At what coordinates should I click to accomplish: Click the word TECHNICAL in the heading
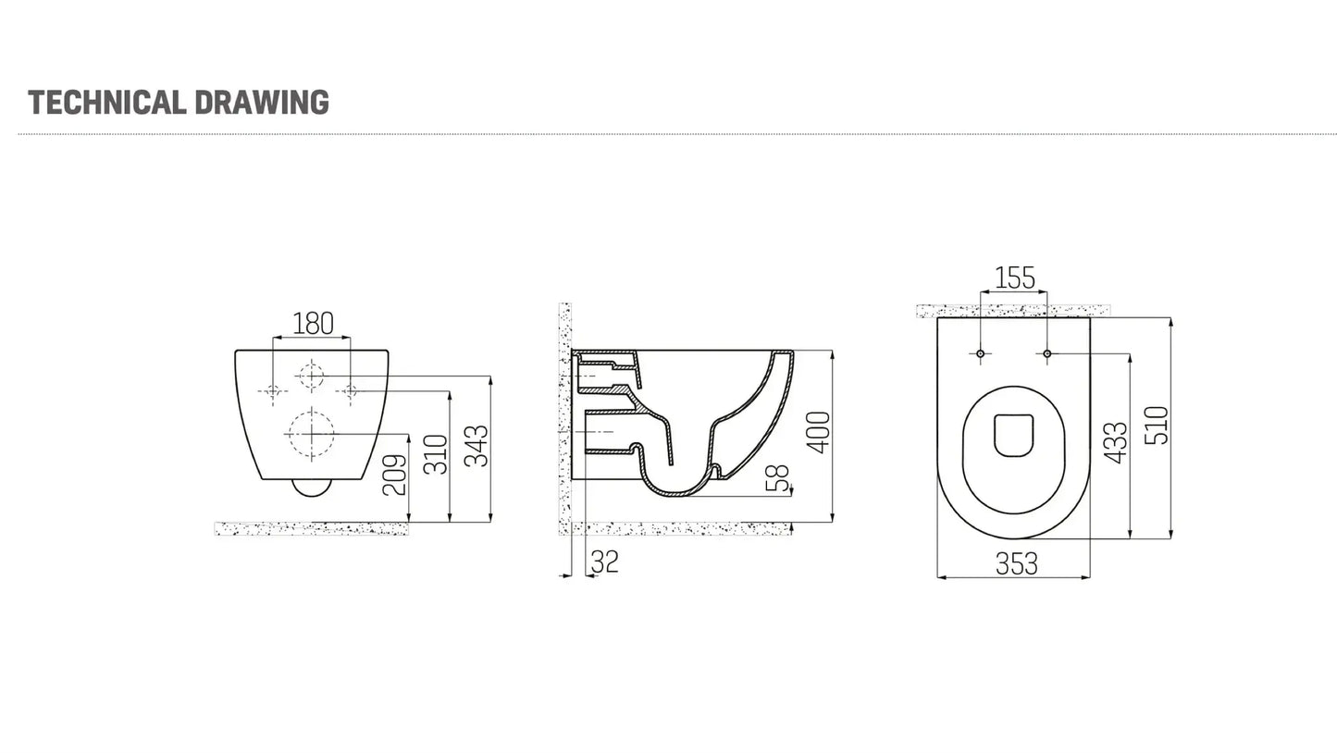(x=105, y=102)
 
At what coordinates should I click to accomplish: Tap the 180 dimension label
(x=313, y=324)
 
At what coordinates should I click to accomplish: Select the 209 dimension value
(x=395, y=475)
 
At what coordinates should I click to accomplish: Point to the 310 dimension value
(x=436, y=453)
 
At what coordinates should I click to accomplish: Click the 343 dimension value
(x=477, y=446)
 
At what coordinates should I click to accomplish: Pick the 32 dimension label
(x=604, y=562)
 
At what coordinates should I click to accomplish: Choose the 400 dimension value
(x=820, y=432)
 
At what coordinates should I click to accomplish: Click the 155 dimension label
(x=1014, y=278)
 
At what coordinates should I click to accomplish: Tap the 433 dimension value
(x=1117, y=443)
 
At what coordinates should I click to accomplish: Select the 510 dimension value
(x=1157, y=426)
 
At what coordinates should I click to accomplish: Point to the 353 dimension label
(x=1016, y=563)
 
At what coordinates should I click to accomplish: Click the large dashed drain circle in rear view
(x=310, y=433)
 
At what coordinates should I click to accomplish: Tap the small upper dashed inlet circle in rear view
(x=310, y=375)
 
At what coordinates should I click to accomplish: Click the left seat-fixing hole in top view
(x=981, y=353)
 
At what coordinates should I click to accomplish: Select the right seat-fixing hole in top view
(x=1046, y=353)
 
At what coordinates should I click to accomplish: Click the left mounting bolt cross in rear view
(x=272, y=391)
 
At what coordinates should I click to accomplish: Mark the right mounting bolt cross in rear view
(x=350, y=391)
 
